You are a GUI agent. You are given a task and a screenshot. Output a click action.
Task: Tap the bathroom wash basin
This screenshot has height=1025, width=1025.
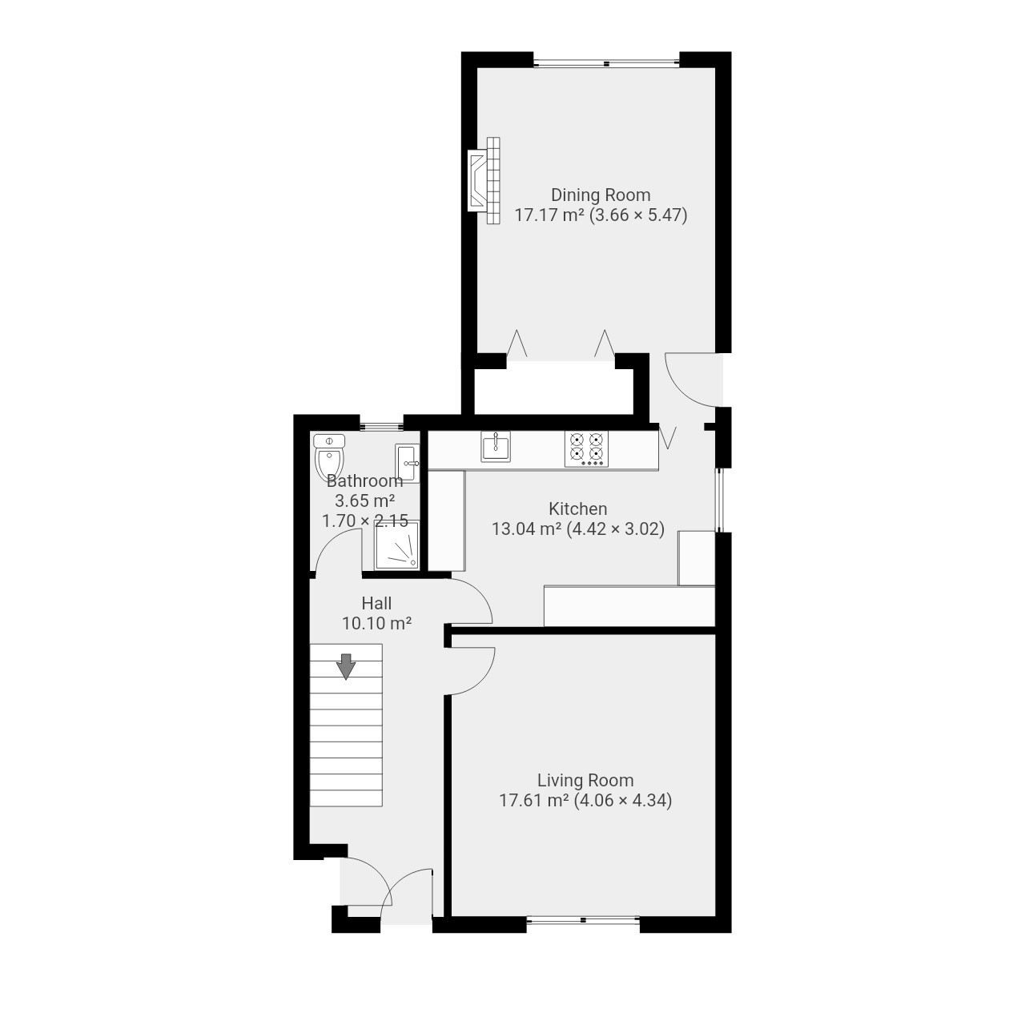pyautogui.click(x=407, y=464)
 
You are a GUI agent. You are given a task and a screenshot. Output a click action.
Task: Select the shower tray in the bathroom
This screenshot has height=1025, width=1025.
pyautogui.click(x=397, y=545)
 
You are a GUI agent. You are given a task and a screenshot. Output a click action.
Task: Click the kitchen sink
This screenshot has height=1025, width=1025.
pyautogui.click(x=495, y=446)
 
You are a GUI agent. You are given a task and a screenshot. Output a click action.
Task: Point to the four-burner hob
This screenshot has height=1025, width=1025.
pyautogui.click(x=587, y=449)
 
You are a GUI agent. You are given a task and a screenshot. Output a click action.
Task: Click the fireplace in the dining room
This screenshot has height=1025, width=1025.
pyautogui.click(x=484, y=180)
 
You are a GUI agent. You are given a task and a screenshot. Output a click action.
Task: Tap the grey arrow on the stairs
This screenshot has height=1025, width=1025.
pyautogui.click(x=346, y=666)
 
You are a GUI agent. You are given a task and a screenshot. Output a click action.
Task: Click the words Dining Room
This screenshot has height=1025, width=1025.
pyautogui.click(x=601, y=195)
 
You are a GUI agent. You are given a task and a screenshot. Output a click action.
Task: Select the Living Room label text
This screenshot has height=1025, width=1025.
pyautogui.click(x=585, y=780)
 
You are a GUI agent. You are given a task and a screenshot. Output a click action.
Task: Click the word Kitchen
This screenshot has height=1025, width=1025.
pyautogui.click(x=577, y=508)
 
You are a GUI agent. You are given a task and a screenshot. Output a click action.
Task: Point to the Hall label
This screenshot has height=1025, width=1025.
pyautogui.click(x=376, y=603)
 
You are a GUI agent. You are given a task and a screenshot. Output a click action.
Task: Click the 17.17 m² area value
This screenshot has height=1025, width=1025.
pyautogui.click(x=549, y=215)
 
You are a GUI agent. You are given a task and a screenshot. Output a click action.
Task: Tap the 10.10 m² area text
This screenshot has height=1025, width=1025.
pyautogui.click(x=376, y=623)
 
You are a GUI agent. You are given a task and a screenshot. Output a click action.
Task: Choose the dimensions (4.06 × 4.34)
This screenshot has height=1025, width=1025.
pyautogui.click(x=623, y=800)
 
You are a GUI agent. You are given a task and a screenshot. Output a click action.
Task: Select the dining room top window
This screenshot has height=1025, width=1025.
pyautogui.click(x=606, y=63)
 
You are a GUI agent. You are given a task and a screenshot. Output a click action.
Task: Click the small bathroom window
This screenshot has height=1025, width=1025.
pyautogui.click(x=381, y=425)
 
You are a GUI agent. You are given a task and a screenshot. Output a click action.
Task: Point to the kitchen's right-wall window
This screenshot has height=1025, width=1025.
pyautogui.click(x=718, y=500)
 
